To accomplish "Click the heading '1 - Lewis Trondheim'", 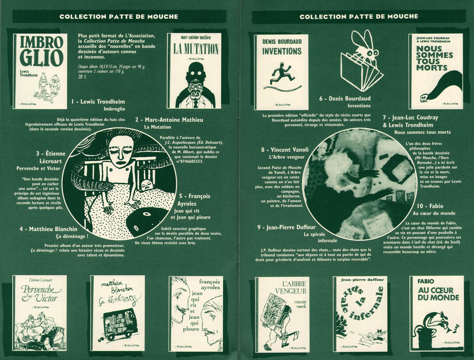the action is (98, 102).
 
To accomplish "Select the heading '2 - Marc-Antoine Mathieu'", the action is (169, 120).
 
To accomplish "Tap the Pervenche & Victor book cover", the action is (40, 312).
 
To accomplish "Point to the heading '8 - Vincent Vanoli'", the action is (285, 150).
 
